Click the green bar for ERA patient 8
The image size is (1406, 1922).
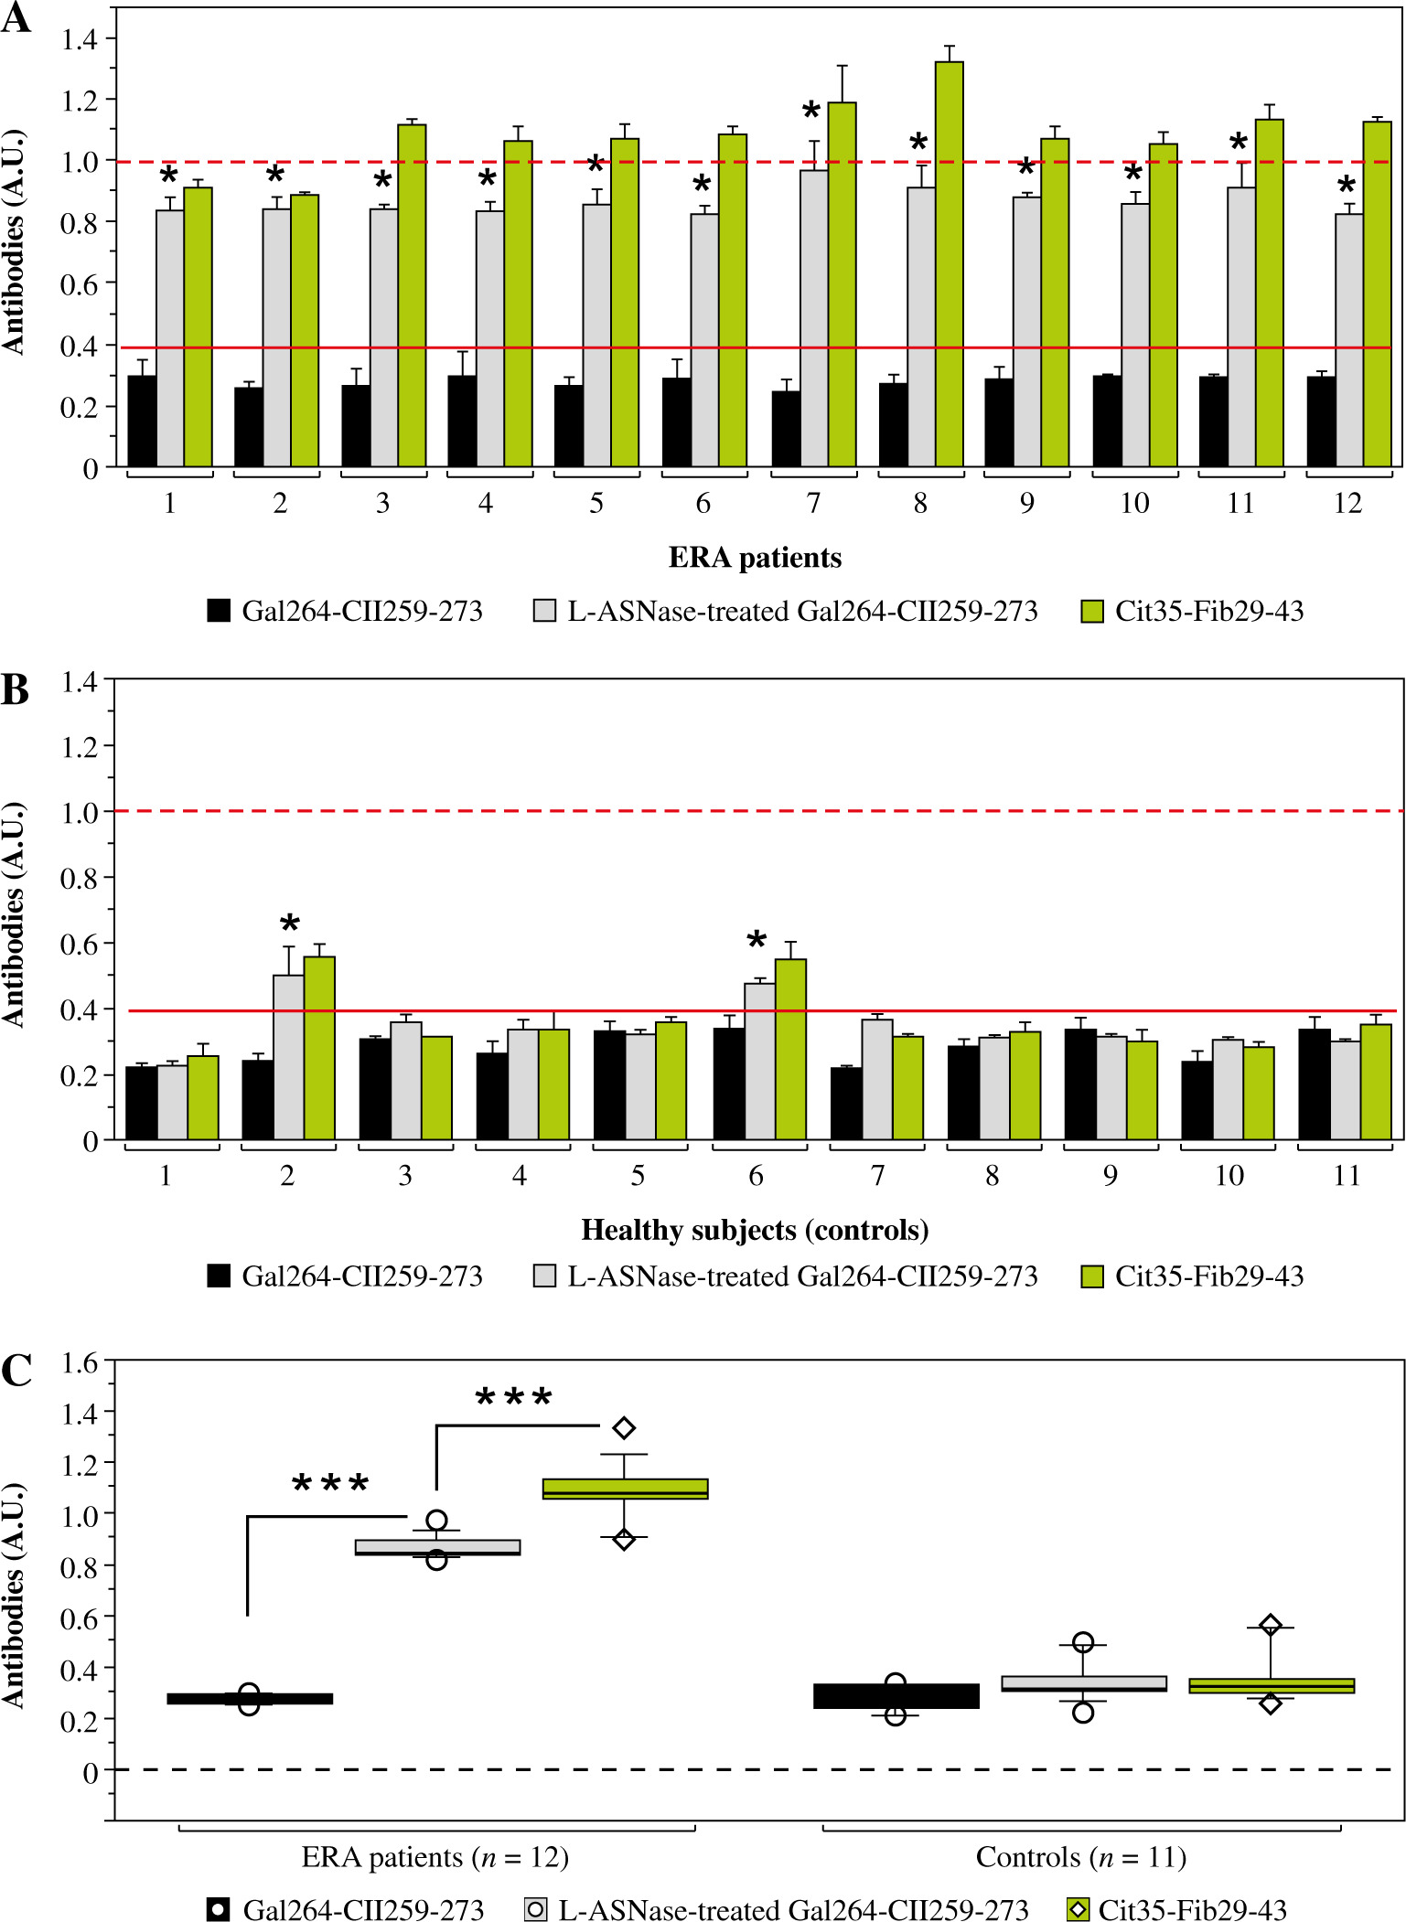[949, 264]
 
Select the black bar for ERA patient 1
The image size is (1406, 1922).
[142, 421]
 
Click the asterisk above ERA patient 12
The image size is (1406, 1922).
[1347, 187]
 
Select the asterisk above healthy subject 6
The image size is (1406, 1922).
[757, 941]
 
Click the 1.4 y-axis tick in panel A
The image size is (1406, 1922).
[79, 38]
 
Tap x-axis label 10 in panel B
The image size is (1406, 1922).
[1229, 1176]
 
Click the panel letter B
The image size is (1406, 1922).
[15, 690]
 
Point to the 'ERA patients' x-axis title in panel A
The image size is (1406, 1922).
[755, 558]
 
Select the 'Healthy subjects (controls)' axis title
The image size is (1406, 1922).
[755, 1231]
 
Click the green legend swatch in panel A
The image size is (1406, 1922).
[1092, 612]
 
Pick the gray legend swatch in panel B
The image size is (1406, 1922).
[544, 1276]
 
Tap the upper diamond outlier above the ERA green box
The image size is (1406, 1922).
[624, 1427]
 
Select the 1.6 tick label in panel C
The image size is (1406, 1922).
[79, 1363]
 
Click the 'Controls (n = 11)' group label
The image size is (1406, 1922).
[1080, 1857]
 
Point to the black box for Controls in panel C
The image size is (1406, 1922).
[896, 1696]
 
